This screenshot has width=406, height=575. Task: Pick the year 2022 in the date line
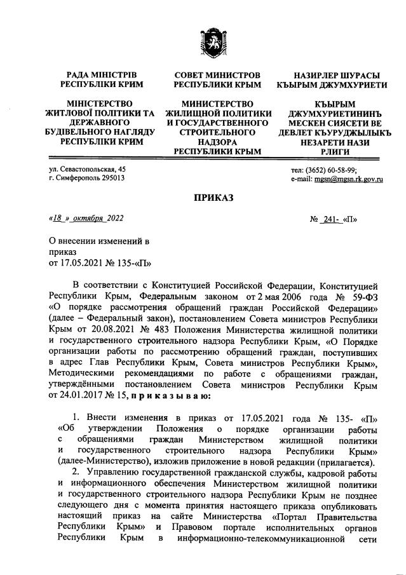coord(116,219)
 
